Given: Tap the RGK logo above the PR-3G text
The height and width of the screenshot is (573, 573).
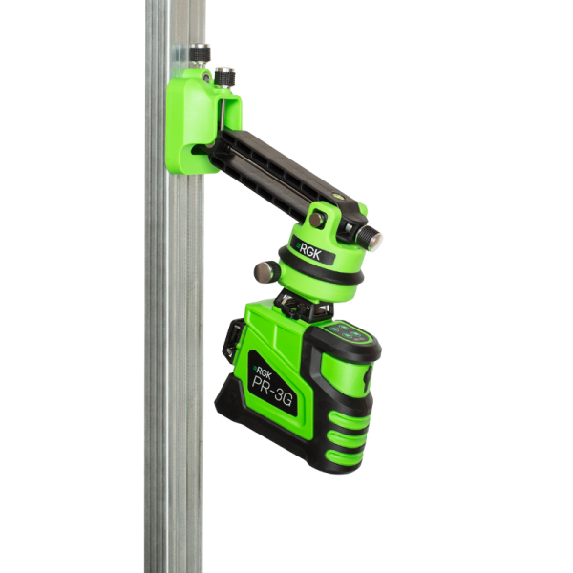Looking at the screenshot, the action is tap(264, 372).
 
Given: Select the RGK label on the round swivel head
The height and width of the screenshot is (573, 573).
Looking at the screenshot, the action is tap(309, 251).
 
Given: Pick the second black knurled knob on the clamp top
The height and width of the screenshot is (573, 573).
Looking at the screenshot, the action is tap(224, 76).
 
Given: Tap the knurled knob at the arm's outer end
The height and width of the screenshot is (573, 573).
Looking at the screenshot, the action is tap(369, 238).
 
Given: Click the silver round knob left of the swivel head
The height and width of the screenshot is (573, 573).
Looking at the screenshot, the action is tap(266, 272).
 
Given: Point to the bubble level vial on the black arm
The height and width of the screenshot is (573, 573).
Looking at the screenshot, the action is tap(334, 196).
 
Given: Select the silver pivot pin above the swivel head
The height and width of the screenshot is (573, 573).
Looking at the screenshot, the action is tap(316, 220).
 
